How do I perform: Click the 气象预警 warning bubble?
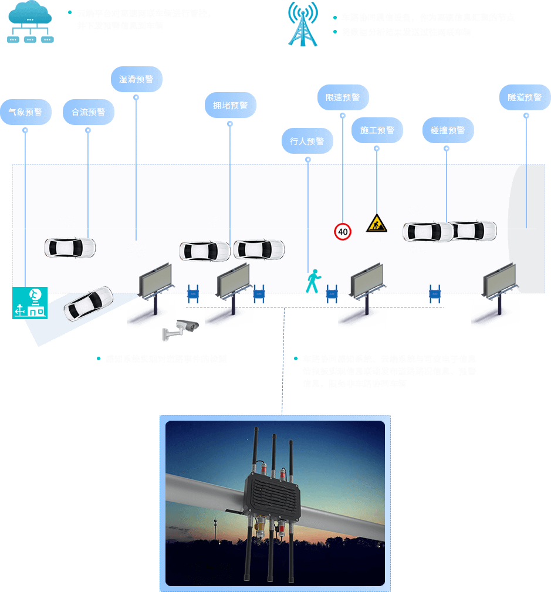click(x=25, y=111)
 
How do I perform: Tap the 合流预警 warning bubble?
click(x=88, y=111)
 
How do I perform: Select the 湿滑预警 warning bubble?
click(x=136, y=79)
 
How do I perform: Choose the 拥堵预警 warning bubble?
click(x=230, y=106)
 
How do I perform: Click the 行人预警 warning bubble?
click(x=307, y=141)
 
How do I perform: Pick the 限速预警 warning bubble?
click(x=343, y=97)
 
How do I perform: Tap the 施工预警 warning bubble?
click(x=377, y=130)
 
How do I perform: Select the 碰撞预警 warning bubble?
click(x=447, y=130)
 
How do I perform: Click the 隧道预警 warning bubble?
click(x=525, y=97)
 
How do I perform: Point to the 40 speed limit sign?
click(x=343, y=232)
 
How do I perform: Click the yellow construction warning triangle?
click(x=376, y=224)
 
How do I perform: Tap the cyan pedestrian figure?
click(x=313, y=281)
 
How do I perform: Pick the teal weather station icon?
click(x=30, y=303)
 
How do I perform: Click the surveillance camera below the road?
click(x=180, y=330)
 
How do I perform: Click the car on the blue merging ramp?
click(x=88, y=303)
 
